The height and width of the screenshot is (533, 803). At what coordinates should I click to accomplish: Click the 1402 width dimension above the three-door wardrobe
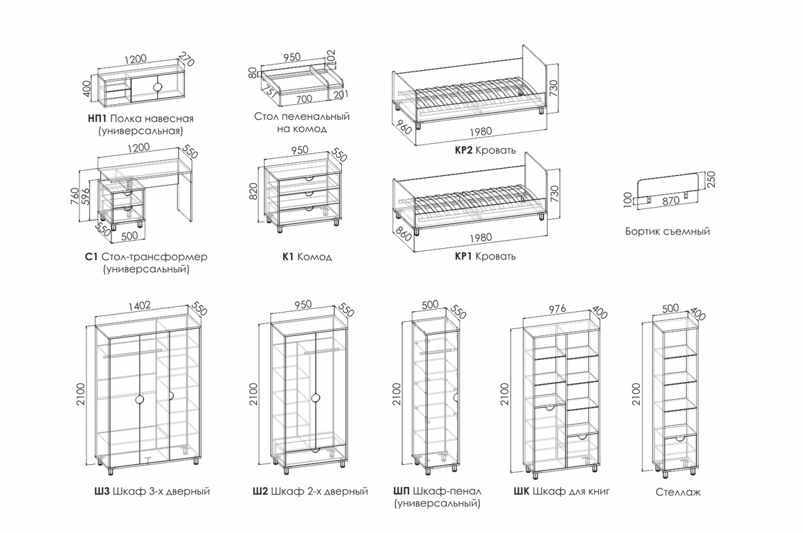(x=139, y=306)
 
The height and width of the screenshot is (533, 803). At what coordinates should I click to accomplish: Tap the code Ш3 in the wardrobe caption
(x=101, y=491)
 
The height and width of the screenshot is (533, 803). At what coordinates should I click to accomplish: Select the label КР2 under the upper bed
(x=464, y=150)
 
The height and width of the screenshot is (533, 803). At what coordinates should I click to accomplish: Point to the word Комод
(x=315, y=257)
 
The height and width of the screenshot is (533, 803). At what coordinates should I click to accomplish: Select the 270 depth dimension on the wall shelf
(x=187, y=59)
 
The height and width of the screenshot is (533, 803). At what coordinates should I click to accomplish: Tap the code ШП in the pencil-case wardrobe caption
(x=401, y=491)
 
